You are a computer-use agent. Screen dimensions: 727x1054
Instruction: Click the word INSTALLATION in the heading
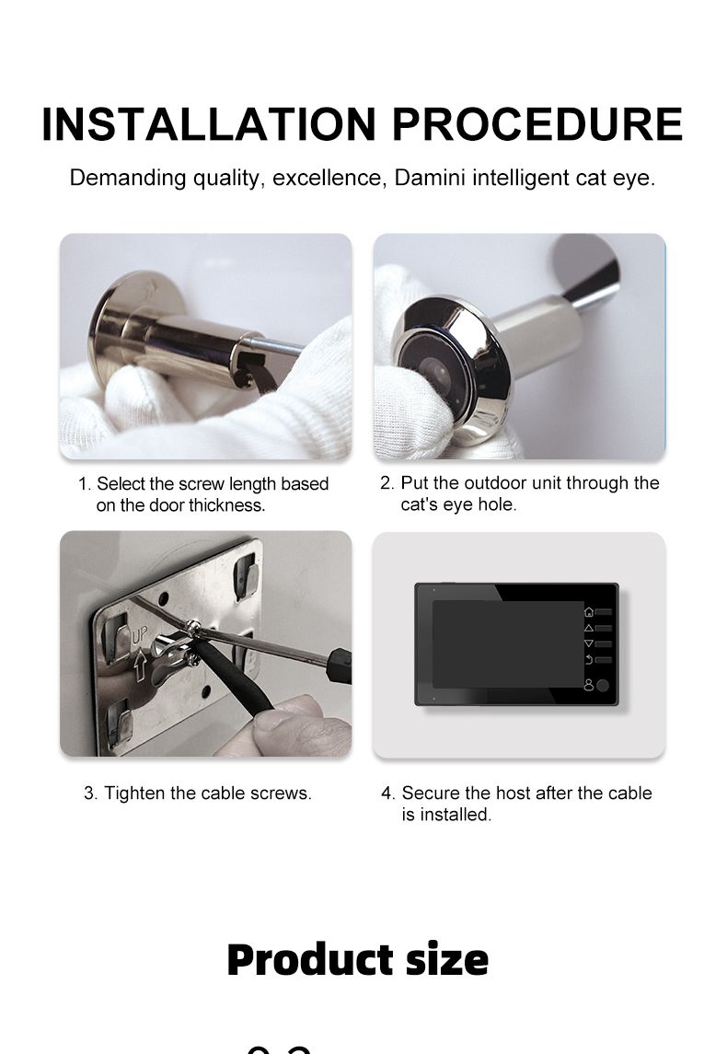pos(209,124)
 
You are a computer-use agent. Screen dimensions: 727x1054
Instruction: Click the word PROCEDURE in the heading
pos(537,124)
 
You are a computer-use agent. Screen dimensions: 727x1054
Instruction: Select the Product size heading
pos(357,959)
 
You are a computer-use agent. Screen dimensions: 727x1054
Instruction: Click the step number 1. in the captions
pos(84,484)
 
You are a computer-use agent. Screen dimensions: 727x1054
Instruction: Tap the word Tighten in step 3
pos(134,793)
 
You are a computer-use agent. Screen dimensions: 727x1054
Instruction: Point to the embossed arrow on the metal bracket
pos(140,666)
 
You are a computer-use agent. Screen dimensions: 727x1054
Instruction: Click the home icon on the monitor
pos(589,612)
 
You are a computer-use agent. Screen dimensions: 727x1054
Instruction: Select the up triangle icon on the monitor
pos(589,628)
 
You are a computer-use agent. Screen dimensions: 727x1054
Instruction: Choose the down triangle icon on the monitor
pos(589,643)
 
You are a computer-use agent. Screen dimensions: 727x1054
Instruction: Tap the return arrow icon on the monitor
pos(589,660)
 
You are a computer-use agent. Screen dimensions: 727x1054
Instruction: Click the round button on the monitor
pos(603,686)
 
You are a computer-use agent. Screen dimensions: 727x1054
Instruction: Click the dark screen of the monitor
pos(508,644)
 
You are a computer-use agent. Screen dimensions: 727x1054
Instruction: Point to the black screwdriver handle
pos(339,666)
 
